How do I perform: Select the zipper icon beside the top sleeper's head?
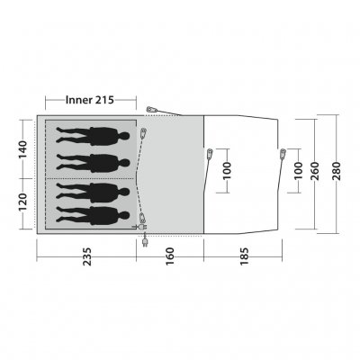(145, 135)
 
